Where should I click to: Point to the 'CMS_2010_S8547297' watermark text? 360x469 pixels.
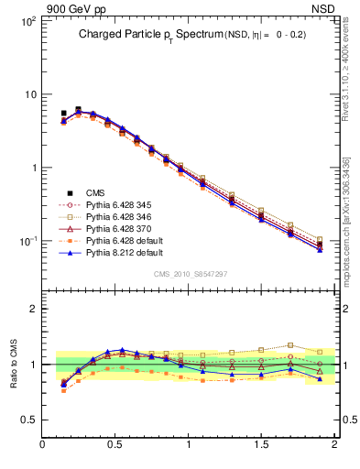click(190, 274)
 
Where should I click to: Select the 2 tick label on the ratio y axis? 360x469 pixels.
click(32, 309)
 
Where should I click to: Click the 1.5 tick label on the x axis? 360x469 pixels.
click(261, 445)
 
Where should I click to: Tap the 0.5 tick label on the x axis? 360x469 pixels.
click(115, 445)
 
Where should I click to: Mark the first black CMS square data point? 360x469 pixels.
click(63, 114)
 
